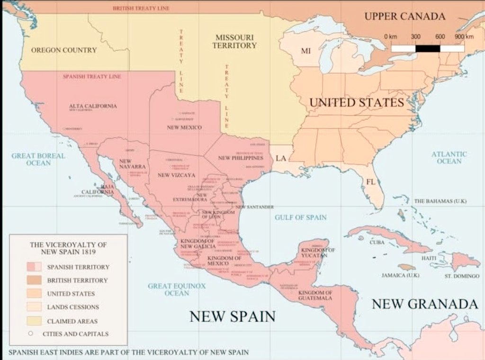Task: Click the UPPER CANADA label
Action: [x=404, y=17]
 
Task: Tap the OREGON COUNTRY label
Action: [x=63, y=50]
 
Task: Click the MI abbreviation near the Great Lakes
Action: [x=306, y=51]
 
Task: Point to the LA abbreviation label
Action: [x=281, y=158]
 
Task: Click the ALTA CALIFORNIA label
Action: [x=93, y=106]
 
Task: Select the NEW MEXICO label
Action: [x=184, y=127]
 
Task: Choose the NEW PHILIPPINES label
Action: [x=241, y=158]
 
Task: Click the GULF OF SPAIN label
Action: [x=301, y=217]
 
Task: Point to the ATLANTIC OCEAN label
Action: [x=449, y=158]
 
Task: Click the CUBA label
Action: [x=377, y=242]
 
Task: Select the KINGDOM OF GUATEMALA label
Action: [x=315, y=296]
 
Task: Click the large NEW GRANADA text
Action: [x=424, y=304]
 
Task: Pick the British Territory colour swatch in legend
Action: [x=35, y=280]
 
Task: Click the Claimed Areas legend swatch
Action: [x=35, y=321]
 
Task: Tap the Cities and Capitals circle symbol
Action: [x=31, y=333]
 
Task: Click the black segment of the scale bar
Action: [x=428, y=48]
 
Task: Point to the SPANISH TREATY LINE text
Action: [x=92, y=76]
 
